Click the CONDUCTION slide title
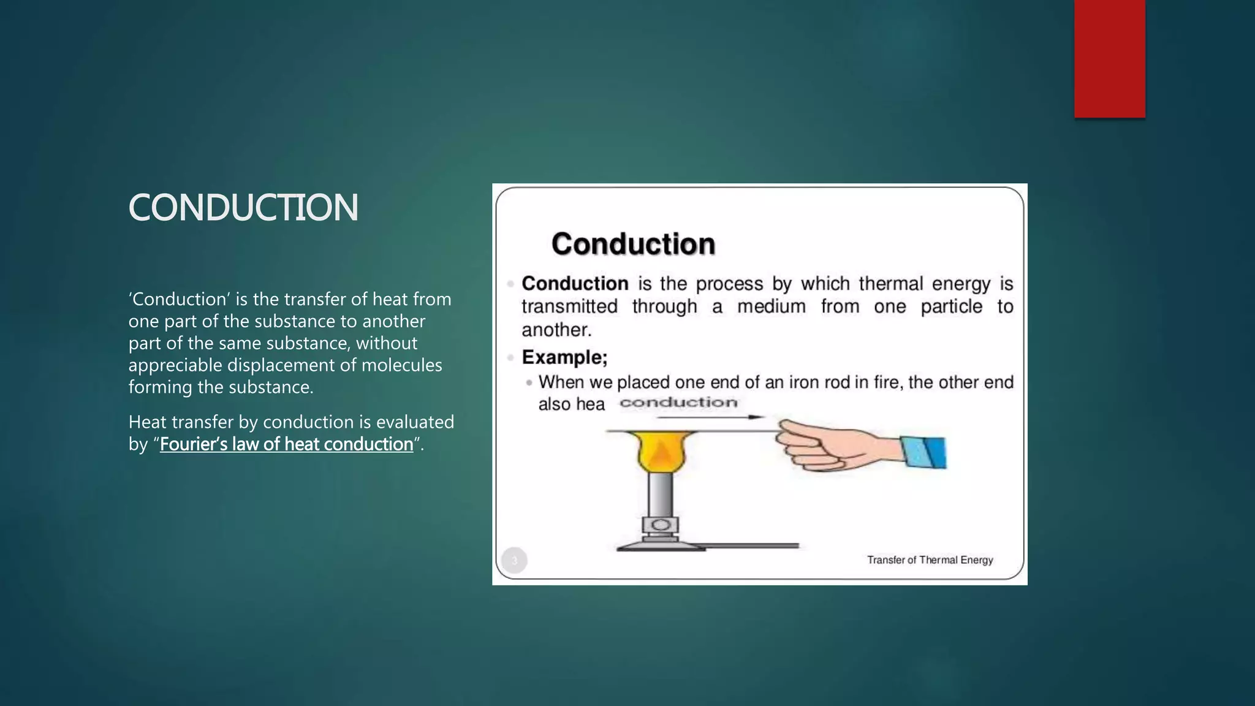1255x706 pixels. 243,207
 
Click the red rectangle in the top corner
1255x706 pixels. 1109,58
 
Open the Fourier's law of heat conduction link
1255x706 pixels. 286,444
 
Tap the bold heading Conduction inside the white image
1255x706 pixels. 633,244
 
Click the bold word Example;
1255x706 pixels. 564,357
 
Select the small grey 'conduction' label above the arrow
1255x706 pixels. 678,403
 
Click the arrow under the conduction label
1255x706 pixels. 711,417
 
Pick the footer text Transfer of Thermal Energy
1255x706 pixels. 930,560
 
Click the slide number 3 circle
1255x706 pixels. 514,560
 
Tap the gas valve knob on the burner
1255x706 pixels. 661,525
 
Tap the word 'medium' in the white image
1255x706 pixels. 771,306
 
